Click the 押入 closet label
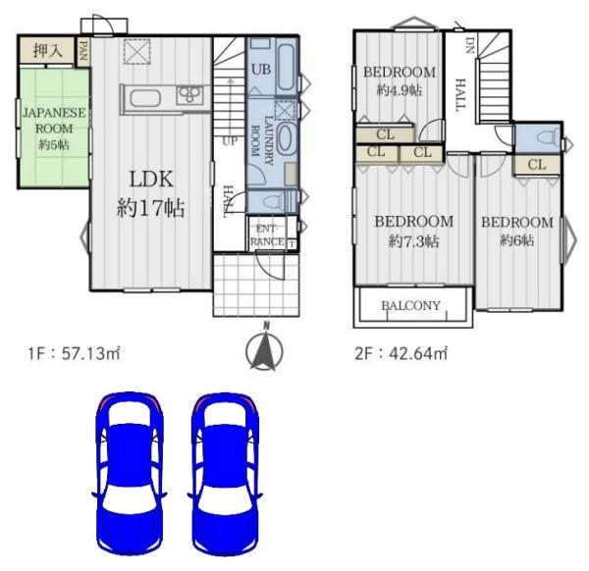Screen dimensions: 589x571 pyautogui.click(x=48, y=51)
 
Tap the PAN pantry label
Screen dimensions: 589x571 pyautogui.click(x=83, y=51)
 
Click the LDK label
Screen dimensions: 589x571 pyautogui.click(x=151, y=180)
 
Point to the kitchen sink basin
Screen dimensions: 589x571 pyautogui.click(x=145, y=99)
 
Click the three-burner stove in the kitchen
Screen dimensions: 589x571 pyautogui.click(x=190, y=94)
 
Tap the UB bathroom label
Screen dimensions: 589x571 pyautogui.click(x=261, y=70)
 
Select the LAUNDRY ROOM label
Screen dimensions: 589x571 pyautogui.click(x=262, y=140)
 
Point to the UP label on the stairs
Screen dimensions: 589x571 pyautogui.click(x=230, y=141)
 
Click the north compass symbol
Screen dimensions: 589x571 pyautogui.click(x=265, y=347)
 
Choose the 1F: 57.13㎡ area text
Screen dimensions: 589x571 pyautogui.click(x=74, y=353)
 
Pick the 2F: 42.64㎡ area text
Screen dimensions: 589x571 pyautogui.click(x=402, y=353)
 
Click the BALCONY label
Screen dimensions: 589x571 pyautogui.click(x=410, y=305)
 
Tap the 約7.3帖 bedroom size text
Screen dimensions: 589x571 pyautogui.click(x=413, y=241)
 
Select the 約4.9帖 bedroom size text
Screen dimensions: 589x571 pyautogui.click(x=400, y=90)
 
